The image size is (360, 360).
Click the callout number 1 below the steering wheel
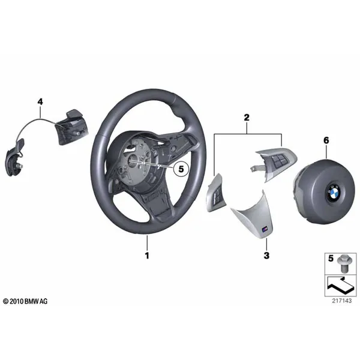147,256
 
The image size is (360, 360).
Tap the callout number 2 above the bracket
247,118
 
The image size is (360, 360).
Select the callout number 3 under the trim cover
266,256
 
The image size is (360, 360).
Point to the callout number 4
40,101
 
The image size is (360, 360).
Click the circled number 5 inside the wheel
181,169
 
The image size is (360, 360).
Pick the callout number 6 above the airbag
326,140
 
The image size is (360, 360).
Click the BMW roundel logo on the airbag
334,193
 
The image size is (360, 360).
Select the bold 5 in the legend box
331,258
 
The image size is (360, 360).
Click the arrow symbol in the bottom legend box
340,285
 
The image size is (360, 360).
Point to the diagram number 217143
341,301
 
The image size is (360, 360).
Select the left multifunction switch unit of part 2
215,193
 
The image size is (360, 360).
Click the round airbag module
324,191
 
